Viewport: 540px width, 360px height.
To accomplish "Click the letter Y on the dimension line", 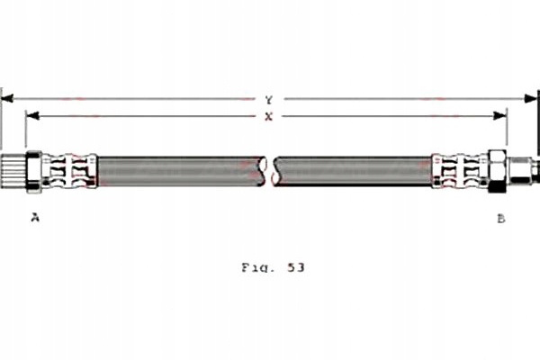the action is (x=269, y=100).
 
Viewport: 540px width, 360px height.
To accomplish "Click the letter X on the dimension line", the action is (x=268, y=117).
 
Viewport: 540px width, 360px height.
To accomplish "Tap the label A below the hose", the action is (x=35, y=218).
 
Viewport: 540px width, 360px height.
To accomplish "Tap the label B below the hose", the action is (x=501, y=219).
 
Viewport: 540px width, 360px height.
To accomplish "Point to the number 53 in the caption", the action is (x=296, y=267).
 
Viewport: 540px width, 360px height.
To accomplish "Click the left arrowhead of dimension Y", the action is (x=7, y=99).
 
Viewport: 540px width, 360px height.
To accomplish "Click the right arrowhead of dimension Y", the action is (x=531, y=99).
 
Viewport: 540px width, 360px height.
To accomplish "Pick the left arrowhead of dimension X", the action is (x=32, y=116).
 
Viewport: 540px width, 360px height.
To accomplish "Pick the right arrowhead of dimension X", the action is (x=500, y=116).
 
